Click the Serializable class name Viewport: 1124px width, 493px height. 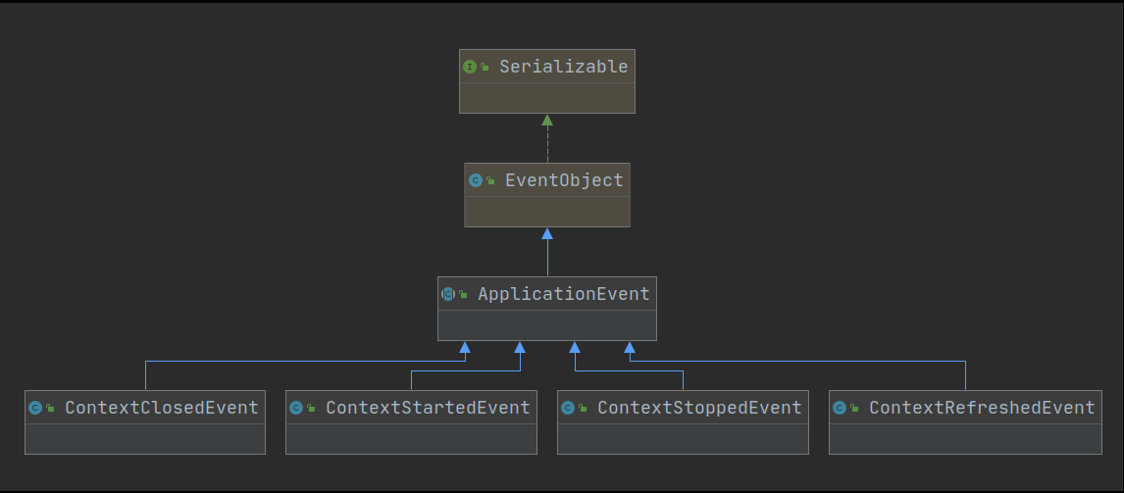(x=563, y=67)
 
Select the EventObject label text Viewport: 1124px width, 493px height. (x=564, y=180)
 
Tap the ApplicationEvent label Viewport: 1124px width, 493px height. (x=563, y=294)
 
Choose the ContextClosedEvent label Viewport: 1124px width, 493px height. (x=162, y=408)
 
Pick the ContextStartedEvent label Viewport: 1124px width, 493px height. (x=428, y=408)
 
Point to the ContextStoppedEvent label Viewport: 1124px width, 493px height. (x=699, y=408)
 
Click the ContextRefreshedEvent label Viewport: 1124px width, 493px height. (x=982, y=408)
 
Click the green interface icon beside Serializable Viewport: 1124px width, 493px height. (x=470, y=67)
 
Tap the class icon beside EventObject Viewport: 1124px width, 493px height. (x=476, y=180)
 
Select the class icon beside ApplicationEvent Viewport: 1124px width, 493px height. (x=448, y=294)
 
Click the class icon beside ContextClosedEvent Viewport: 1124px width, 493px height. (x=35, y=408)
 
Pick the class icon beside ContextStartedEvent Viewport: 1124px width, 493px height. (x=296, y=408)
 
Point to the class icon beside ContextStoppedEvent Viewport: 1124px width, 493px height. (x=568, y=408)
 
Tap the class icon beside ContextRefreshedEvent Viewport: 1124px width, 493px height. (x=840, y=408)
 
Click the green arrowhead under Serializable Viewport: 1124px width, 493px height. (x=547, y=121)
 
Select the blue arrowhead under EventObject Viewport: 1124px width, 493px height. (x=547, y=234)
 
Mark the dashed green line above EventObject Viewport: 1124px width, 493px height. (x=547, y=145)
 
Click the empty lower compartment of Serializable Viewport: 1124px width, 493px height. (x=547, y=98)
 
